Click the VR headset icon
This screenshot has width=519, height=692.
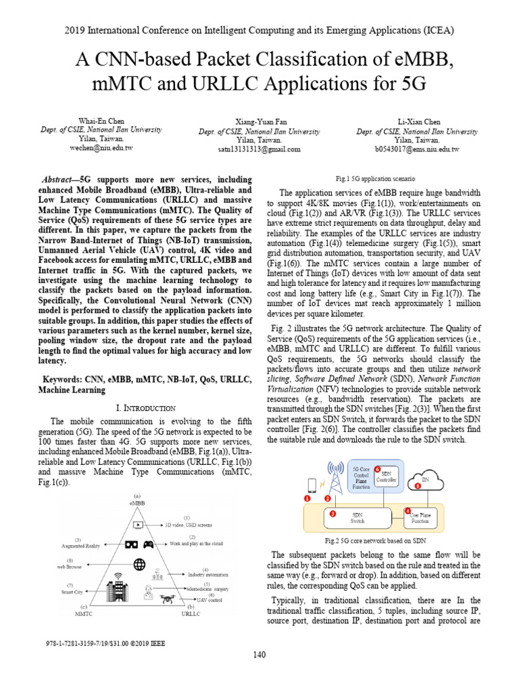[x=131, y=545]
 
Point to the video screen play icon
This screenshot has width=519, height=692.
[x=138, y=524]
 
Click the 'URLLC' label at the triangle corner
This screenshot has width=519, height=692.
[x=191, y=614]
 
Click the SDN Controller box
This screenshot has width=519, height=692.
[x=387, y=476]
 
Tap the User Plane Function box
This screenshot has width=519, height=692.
[x=420, y=518]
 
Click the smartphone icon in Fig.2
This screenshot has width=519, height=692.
[x=310, y=485]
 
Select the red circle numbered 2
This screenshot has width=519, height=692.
[x=328, y=498]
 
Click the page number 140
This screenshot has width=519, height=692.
[x=259, y=654]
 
